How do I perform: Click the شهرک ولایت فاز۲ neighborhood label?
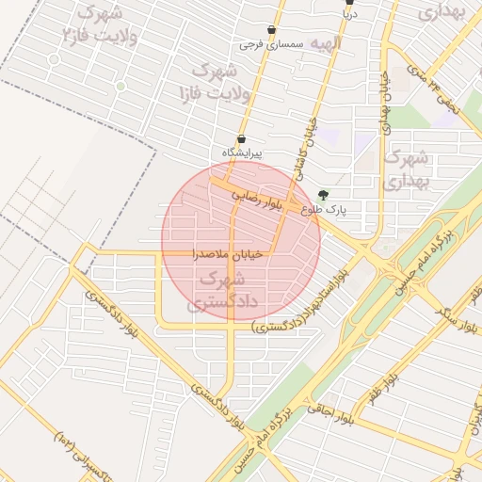pos(97,25)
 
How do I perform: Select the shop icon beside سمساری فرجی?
pos(272,30)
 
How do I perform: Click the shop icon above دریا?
pos(349,3)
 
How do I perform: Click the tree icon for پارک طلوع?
pos(325,195)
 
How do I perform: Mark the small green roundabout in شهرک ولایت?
pos(121,86)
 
